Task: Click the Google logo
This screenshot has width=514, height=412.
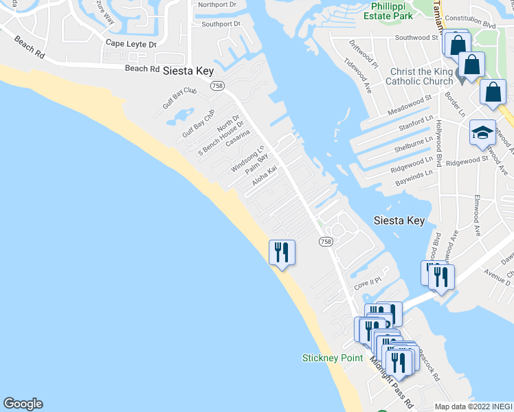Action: (23, 404)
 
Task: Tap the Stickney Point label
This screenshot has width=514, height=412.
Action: (333, 358)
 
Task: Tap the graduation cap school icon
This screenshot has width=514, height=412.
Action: (482, 132)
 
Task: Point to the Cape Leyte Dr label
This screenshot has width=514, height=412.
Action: (131, 44)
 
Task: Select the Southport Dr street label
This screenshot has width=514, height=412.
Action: (221, 24)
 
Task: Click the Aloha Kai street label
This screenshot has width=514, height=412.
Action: (264, 178)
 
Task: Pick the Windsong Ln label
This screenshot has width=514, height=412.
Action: (247, 159)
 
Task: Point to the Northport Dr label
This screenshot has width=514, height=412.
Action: (216, 4)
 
